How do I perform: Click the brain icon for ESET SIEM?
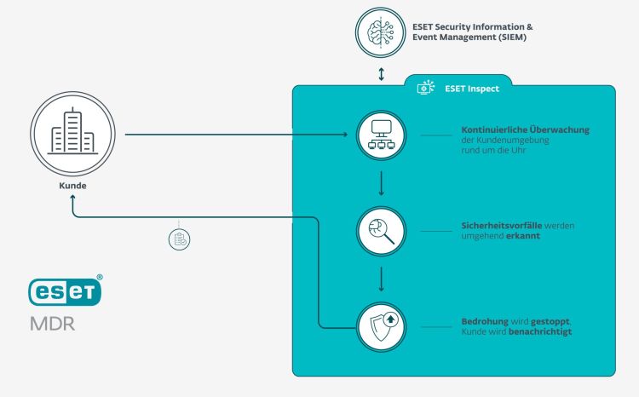click(381, 33)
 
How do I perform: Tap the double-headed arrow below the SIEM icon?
click(381, 74)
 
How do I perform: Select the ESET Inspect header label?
click(471, 88)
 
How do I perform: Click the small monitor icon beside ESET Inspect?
click(425, 88)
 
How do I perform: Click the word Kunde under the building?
click(72, 185)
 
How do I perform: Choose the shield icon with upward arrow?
click(381, 326)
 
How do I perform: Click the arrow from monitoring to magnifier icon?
click(381, 183)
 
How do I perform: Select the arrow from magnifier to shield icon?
click(381, 279)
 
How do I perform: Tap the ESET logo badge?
click(65, 291)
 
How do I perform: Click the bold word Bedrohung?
click(478, 322)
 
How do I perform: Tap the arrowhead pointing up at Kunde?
click(73, 198)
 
